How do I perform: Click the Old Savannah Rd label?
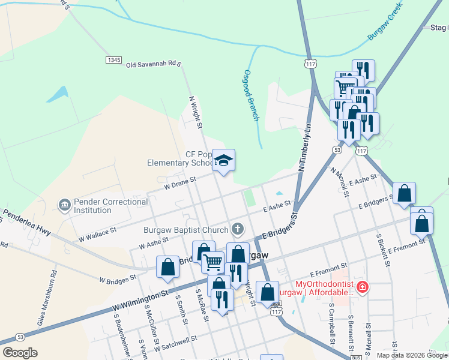coord(153,63)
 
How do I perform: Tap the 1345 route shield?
coord(113,60)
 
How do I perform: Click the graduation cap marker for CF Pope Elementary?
coord(224,160)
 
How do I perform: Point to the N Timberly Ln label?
coord(304,148)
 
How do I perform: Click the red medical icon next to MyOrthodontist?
coord(362,288)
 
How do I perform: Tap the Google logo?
coord(20,353)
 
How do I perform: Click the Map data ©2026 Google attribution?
coord(412,355)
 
